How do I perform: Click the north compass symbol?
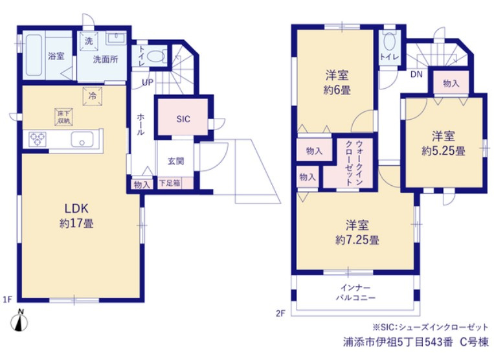(x=19, y=321)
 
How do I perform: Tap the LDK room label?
(x=76, y=208)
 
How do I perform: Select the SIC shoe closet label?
(x=183, y=119)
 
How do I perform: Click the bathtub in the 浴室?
(x=34, y=55)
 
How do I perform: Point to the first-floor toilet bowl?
(x=155, y=57)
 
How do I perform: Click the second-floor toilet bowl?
(x=390, y=41)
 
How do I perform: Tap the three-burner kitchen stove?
(x=38, y=139)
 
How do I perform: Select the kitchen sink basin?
(x=82, y=139)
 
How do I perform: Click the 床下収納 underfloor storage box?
(x=63, y=117)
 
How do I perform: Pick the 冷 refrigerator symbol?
(x=93, y=96)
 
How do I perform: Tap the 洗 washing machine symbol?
(x=89, y=41)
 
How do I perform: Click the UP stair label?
(x=148, y=82)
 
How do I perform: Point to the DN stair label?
(x=416, y=74)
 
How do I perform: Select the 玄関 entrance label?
(x=175, y=161)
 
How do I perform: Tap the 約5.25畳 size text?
(x=443, y=151)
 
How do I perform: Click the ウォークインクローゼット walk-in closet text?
(x=354, y=163)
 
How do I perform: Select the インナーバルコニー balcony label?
(x=355, y=293)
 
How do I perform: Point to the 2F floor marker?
(x=280, y=313)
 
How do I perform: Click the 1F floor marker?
(x=8, y=299)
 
